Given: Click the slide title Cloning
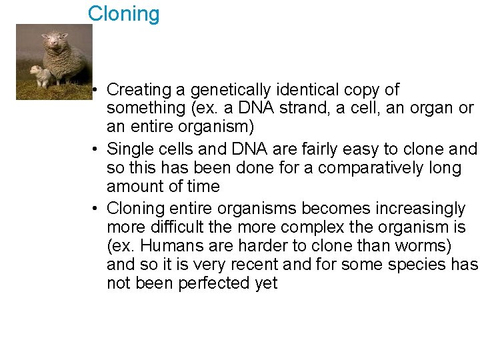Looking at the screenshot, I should tap(124, 14).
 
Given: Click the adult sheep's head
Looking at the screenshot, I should tap(53, 42).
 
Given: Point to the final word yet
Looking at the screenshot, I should tap(265, 283).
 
